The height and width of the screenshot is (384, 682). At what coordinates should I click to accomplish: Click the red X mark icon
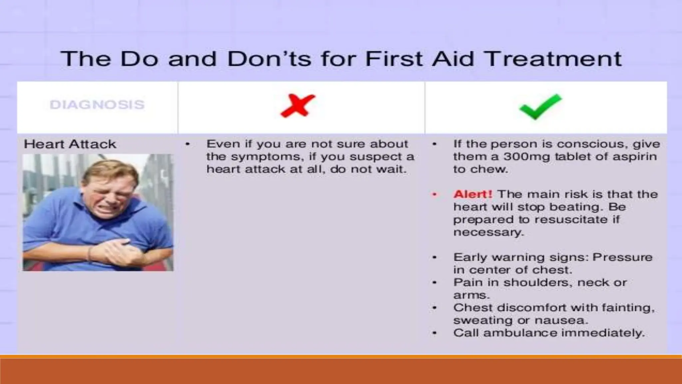click(297, 106)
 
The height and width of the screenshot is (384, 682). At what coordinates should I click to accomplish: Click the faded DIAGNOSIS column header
click(97, 105)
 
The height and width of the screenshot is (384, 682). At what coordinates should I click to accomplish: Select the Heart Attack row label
click(70, 144)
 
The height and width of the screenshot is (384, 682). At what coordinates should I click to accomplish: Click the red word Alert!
click(473, 194)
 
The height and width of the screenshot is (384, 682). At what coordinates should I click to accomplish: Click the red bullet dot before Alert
click(434, 194)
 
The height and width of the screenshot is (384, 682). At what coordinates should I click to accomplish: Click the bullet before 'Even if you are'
click(187, 144)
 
